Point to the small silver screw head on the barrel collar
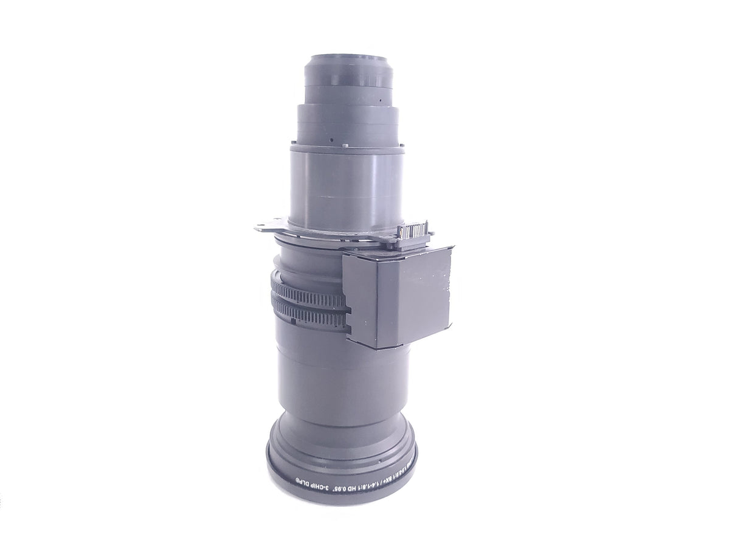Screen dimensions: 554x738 (x=344, y=145)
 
